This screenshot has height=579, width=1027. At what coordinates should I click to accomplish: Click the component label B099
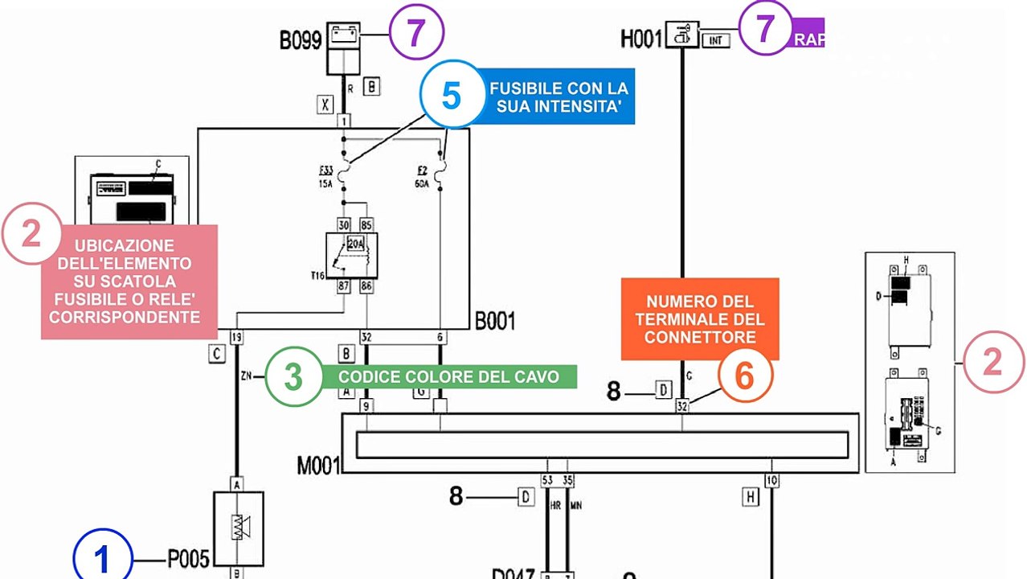301,40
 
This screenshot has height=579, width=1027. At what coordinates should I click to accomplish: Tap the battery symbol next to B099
344,35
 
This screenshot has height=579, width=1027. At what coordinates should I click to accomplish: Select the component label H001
640,38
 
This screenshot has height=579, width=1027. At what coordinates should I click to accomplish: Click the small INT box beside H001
715,39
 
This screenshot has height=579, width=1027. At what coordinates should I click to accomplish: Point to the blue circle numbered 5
451,96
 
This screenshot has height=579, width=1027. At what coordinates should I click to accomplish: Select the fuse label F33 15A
326,177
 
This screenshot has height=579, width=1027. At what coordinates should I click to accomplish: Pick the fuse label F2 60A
422,177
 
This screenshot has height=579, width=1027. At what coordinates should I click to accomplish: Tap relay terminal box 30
344,224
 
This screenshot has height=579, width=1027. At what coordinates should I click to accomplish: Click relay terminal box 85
366,224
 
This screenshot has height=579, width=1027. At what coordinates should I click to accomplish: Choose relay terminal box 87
344,285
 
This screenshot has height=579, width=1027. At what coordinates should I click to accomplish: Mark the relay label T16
317,275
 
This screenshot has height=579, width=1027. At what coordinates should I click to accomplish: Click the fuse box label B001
495,321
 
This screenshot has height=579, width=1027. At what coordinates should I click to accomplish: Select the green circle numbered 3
293,376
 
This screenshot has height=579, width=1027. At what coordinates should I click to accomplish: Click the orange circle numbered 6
745,376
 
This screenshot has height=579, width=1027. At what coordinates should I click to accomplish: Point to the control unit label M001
318,465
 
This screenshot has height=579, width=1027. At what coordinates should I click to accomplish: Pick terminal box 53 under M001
547,481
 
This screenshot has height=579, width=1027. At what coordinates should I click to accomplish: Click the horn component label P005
189,558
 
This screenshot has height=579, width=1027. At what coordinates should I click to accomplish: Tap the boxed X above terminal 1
325,103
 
